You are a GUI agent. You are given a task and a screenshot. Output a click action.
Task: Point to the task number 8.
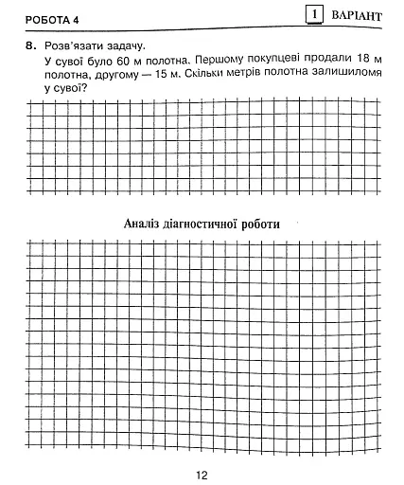point(31,45)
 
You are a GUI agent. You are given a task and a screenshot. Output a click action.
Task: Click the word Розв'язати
point(73,45)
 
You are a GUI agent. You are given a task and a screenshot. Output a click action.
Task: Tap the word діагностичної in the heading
point(204,225)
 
